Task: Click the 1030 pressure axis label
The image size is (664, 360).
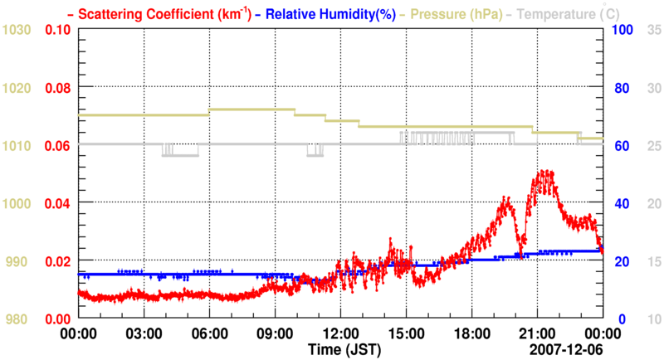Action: point(17,30)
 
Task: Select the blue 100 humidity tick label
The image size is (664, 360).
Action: point(623,30)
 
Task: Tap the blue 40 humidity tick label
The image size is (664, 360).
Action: point(620,203)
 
